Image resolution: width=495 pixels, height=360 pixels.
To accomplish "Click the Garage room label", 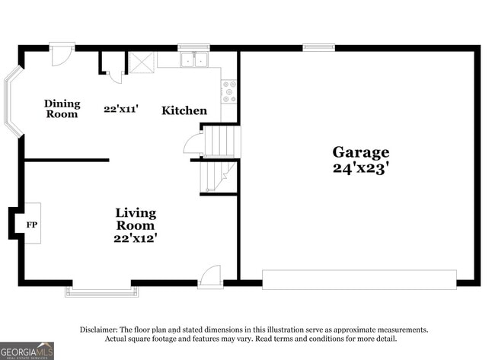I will (360, 152).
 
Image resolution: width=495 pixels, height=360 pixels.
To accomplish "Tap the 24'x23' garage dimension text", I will (360, 169).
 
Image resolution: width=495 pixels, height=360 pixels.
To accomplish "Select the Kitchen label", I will (184, 110).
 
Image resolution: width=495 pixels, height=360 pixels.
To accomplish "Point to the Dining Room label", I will (62, 109).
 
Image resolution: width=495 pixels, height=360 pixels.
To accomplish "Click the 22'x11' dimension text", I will (121, 109).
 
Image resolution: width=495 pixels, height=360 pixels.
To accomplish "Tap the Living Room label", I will (136, 218).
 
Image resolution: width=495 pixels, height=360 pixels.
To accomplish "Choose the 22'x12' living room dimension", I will (136, 238).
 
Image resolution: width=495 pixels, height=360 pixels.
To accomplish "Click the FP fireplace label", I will (32, 225).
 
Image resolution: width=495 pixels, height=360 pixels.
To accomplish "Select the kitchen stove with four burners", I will (228, 91).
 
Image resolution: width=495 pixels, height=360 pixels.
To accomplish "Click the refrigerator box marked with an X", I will (141, 62).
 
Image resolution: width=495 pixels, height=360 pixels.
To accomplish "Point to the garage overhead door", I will (359, 279).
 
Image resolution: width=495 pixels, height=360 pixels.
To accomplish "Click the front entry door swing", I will (210, 277).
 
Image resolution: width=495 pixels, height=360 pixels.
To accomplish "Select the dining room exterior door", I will (62, 53).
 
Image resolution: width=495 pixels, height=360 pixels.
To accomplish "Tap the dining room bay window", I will (12, 104).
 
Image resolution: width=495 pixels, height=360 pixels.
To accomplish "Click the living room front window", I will (102, 290).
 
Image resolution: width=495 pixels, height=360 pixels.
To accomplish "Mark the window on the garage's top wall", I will (318, 48).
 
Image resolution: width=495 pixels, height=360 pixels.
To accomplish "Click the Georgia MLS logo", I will (27, 350).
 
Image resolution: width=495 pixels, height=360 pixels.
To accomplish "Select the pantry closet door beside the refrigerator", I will (114, 75).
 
